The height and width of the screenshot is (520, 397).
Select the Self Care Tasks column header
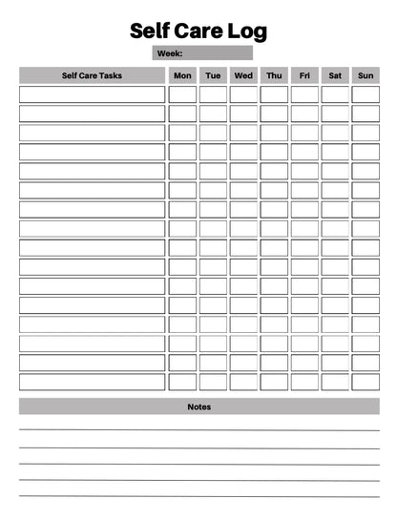pos(92,75)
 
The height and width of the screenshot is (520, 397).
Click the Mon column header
pos(182,75)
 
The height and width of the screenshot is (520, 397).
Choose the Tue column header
pos(213,75)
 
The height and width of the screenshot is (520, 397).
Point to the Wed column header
pos(243,75)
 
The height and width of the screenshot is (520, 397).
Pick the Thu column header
pos(274,75)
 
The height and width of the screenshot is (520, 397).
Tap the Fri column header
pos(304,75)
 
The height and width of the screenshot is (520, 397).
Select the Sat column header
pos(335,75)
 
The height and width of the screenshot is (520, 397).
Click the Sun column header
pos(366,75)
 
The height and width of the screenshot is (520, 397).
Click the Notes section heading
pos(198,406)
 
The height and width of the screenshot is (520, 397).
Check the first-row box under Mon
pos(182,94)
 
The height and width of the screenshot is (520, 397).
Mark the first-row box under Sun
pos(366,94)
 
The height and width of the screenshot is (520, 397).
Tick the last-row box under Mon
pos(182,382)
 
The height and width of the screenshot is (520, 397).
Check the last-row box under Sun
pos(366,382)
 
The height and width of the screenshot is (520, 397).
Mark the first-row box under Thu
pos(274,94)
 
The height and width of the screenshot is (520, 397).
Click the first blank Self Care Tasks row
pos(92,94)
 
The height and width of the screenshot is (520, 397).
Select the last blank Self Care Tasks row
pos(92,382)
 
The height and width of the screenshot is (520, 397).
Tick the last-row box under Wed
pos(243,382)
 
